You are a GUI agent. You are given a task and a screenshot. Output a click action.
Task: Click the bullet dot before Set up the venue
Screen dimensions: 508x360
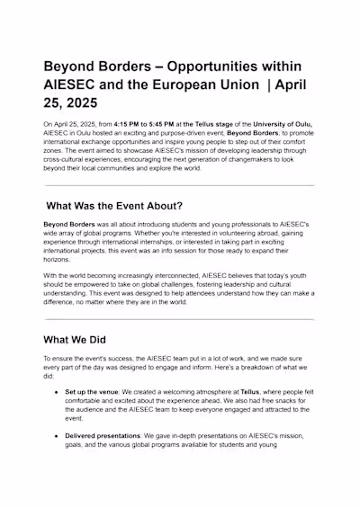click(x=58, y=392)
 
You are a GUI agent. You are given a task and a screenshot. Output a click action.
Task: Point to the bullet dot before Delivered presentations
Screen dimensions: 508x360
click(x=58, y=435)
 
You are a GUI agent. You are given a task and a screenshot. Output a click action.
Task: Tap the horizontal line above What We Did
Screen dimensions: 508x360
click(x=180, y=318)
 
